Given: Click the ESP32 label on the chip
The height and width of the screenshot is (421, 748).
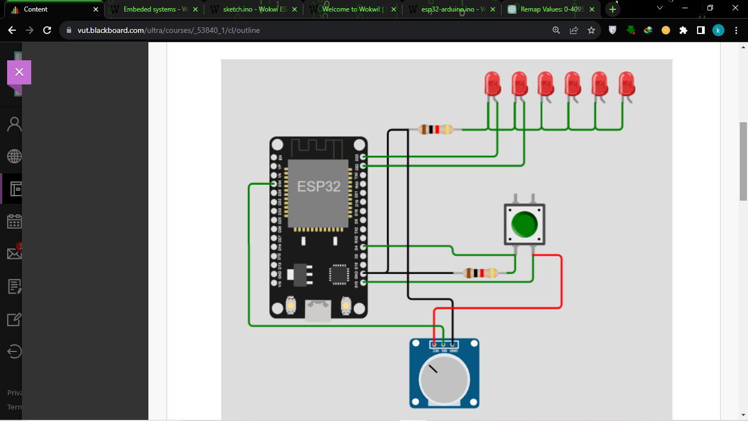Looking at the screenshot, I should [319, 186].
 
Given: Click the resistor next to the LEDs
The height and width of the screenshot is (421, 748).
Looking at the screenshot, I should [435, 130].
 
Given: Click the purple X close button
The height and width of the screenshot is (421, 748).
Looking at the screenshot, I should [19, 72].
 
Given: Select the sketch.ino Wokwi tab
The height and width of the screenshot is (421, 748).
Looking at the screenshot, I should [255, 9].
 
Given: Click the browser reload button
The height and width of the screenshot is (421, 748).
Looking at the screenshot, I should [47, 31].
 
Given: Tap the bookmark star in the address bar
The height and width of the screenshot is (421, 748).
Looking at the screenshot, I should [591, 31].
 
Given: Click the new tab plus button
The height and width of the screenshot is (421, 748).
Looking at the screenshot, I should [613, 9].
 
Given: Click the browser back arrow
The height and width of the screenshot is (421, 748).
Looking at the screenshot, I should [12, 31].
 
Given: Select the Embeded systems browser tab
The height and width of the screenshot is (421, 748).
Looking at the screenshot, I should [156, 9].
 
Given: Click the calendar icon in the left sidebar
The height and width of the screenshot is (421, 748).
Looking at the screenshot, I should [14, 221].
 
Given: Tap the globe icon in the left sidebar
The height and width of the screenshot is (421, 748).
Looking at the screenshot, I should [14, 157].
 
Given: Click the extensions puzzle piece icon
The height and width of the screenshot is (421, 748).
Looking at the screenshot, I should [683, 31].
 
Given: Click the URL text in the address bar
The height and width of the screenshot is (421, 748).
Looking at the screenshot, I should [169, 31].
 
